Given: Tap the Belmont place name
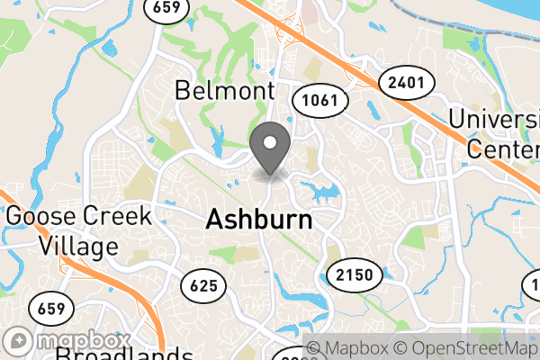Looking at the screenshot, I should pos(224,90).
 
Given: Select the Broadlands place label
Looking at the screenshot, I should pos(123,353).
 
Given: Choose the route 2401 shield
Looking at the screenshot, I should pos(407,83).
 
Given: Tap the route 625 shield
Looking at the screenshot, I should pos(204,287).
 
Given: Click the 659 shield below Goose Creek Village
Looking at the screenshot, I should pos(50,309).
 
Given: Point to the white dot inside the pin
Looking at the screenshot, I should pos(271,142).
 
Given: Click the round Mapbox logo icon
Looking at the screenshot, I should pos(20,343).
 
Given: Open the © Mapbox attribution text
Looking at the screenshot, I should pos(354,348).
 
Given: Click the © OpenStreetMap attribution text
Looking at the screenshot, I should pos(470,348).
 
